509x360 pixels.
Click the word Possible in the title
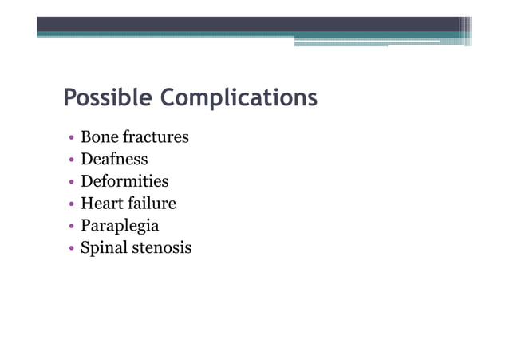109,100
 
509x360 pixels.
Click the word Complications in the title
239,100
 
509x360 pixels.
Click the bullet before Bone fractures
72,138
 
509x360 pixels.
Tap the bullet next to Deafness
72,160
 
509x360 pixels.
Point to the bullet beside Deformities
72,182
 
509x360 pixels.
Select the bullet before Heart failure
72,204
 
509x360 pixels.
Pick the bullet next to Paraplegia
72,226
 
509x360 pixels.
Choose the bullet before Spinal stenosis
72,248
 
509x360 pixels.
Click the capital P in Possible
69,99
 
